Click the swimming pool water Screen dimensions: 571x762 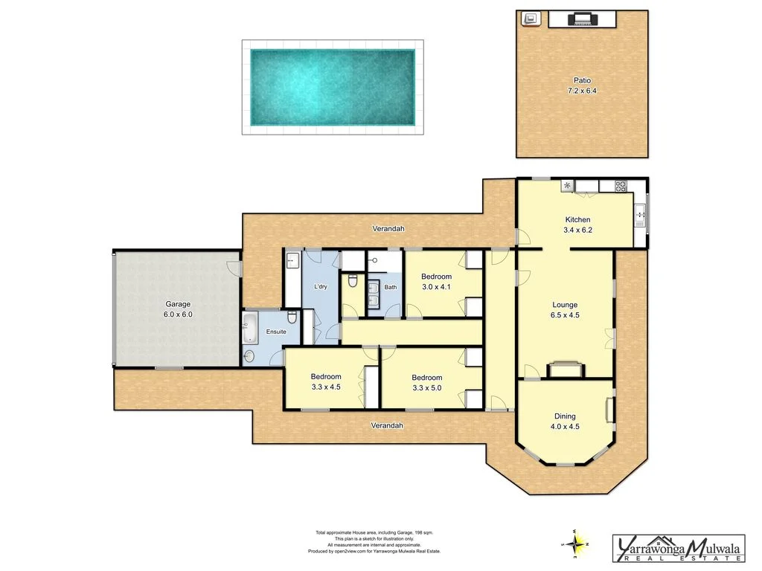point(333,87)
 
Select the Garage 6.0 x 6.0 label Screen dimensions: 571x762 point(178,309)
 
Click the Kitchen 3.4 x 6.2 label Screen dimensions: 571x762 point(577,225)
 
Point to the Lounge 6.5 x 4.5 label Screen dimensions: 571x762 point(565,309)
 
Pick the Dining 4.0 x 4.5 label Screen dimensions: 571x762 point(565,422)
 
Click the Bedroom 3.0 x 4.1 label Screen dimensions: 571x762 point(437,281)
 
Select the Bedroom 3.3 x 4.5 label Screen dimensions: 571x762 point(326,381)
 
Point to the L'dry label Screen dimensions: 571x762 point(321,287)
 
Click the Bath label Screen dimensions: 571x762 point(391,287)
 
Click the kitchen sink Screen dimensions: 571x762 point(639,215)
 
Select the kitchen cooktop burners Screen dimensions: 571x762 point(620,186)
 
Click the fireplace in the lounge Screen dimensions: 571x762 point(565,370)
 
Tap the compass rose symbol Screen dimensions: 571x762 point(579,543)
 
